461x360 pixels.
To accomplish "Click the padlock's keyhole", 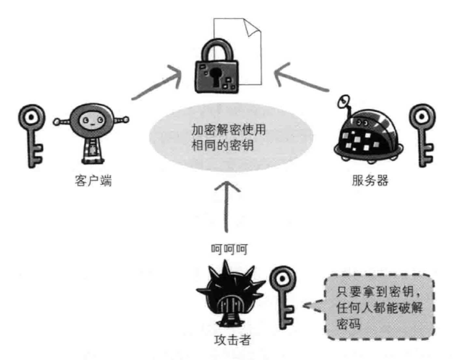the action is tap(216, 76).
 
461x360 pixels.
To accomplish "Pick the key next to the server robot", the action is tap(423, 135).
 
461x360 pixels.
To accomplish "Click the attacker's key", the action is tap(283, 297).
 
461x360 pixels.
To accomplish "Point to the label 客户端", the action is tap(93, 181).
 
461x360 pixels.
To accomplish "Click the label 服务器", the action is tap(370, 180).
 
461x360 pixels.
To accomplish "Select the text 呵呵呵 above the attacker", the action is tap(229, 249).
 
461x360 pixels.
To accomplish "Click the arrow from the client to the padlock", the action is tap(157, 83).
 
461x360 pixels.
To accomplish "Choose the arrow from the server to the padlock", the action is tap(301, 77).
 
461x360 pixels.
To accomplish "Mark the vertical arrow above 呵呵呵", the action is tap(227, 207).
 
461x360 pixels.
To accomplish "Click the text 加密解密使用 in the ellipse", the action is tap(229, 130).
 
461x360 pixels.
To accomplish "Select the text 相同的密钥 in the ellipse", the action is tap(223, 145).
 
